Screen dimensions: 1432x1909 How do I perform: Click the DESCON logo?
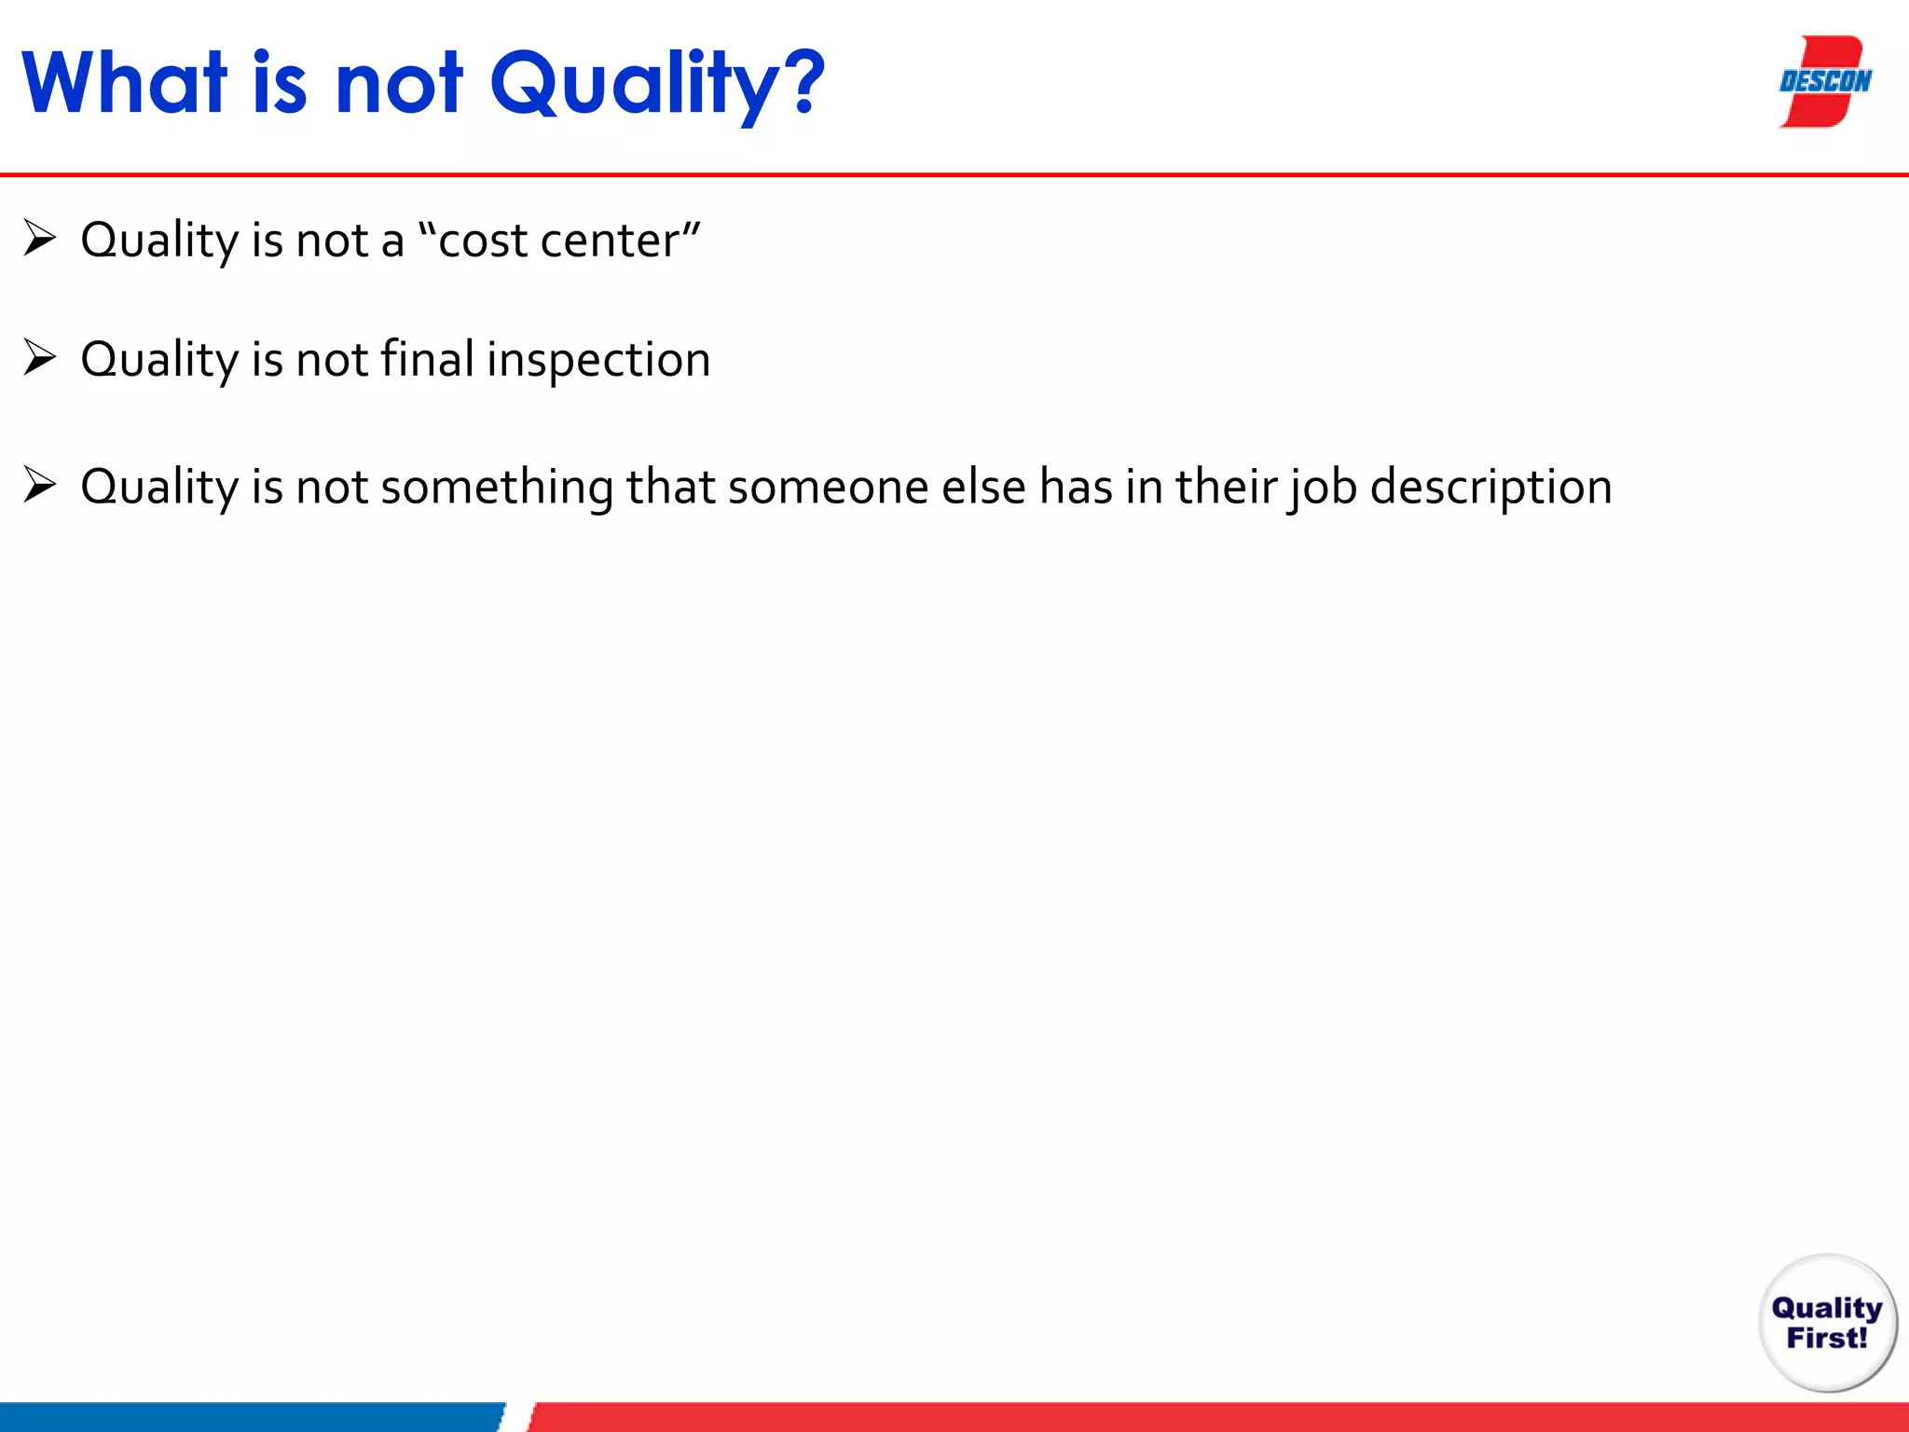pyautogui.click(x=1824, y=82)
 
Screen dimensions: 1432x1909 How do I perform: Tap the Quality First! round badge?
pyautogui.click(x=1827, y=1323)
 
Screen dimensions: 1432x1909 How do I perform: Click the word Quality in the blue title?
pyautogui.click(x=633, y=86)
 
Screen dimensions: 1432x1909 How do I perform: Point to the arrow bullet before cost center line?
pyautogui.click(x=40, y=239)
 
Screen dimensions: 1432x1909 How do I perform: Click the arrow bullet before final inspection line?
pyautogui.click(x=40, y=358)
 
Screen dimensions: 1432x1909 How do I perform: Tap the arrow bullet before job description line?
pyautogui.click(x=40, y=486)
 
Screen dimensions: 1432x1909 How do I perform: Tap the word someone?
pyautogui.click(x=828, y=488)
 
